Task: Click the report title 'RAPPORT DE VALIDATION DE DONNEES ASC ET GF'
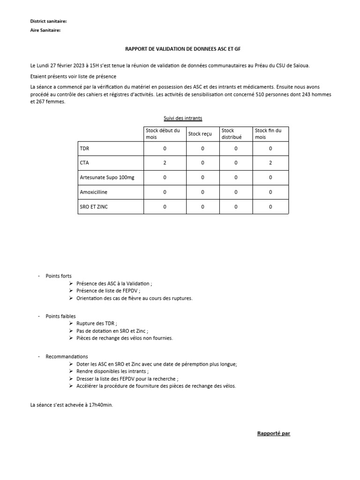pyautogui.click(x=182, y=49)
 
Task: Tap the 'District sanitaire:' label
pyautogui.click(x=48, y=22)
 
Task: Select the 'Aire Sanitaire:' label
pyautogui.click(x=45, y=30)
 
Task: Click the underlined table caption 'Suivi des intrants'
pyautogui.click(x=183, y=118)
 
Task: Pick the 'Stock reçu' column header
pyautogui.click(x=200, y=134)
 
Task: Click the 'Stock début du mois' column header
pyautogui.click(x=163, y=134)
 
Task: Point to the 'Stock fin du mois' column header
pyautogui.click(x=268, y=134)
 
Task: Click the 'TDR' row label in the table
pyautogui.click(x=85, y=149)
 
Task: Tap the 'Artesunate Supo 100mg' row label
pyautogui.click(x=107, y=178)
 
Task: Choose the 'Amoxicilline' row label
pyautogui.click(x=95, y=192)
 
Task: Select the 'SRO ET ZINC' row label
pyautogui.click(x=94, y=207)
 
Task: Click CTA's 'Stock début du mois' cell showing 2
pyautogui.click(x=165, y=163)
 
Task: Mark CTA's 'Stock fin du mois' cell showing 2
pyautogui.click(x=270, y=163)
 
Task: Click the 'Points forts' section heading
pyautogui.click(x=59, y=276)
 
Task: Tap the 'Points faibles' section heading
pyautogui.click(x=60, y=316)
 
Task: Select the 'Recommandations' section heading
pyautogui.click(x=67, y=357)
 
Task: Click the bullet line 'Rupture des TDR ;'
pyautogui.click(x=97, y=323)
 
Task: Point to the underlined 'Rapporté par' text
pyautogui.click(x=274, y=433)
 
